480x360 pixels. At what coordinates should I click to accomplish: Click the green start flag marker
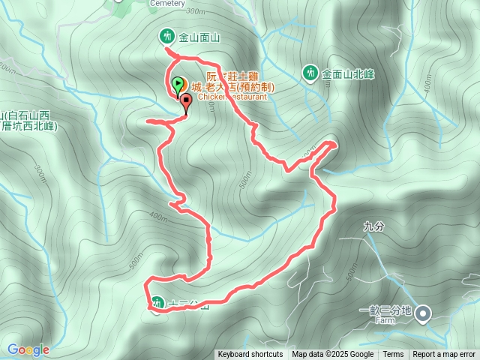(x=177, y=85)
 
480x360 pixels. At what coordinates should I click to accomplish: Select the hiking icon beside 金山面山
(x=165, y=35)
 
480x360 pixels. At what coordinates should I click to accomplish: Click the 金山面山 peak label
(x=199, y=36)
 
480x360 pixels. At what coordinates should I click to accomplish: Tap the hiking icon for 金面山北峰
(x=310, y=73)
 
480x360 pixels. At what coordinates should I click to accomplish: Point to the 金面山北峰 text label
(x=348, y=74)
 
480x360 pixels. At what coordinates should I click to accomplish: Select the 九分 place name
(x=372, y=225)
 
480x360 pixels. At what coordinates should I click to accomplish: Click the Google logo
(x=28, y=349)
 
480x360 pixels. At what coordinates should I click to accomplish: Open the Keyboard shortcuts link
(x=250, y=355)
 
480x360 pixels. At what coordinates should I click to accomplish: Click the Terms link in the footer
(x=393, y=355)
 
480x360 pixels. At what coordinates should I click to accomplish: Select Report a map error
(x=444, y=355)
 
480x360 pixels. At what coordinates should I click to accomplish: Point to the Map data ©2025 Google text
(x=332, y=355)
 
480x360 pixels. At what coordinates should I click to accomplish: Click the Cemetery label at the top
(x=166, y=3)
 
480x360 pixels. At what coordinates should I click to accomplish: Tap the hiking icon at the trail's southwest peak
(x=157, y=303)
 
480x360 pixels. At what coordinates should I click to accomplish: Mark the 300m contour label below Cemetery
(x=193, y=12)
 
